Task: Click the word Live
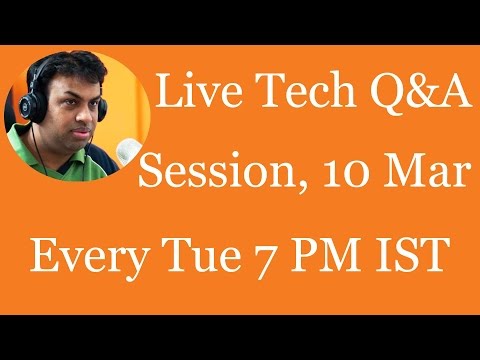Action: (199, 90)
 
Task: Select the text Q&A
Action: (421, 92)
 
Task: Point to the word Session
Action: (217, 170)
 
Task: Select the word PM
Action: (326, 253)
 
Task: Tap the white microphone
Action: (128, 152)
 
